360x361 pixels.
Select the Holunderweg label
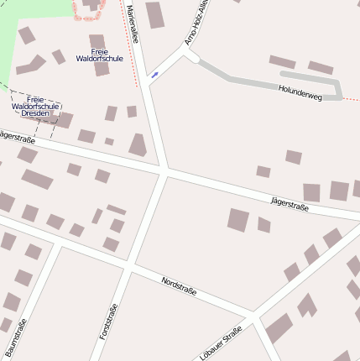(x=300, y=92)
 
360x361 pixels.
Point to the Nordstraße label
(x=179, y=285)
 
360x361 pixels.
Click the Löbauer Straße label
(x=222, y=343)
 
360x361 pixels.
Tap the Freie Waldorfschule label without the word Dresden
(x=99, y=55)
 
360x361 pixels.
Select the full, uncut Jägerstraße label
(x=290, y=202)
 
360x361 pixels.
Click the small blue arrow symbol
(x=154, y=76)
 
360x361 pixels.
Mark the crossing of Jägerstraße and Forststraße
(x=162, y=172)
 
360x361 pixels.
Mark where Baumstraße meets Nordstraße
(x=57, y=243)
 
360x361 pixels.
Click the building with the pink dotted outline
(x=89, y=8)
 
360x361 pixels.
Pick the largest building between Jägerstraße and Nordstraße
(x=238, y=220)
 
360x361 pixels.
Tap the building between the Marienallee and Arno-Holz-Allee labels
(x=155, y=14)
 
